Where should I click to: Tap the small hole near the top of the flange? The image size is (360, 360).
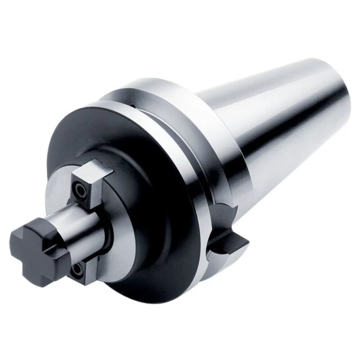tap(132, 106)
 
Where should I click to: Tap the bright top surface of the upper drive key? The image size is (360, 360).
tap(93, 166)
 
